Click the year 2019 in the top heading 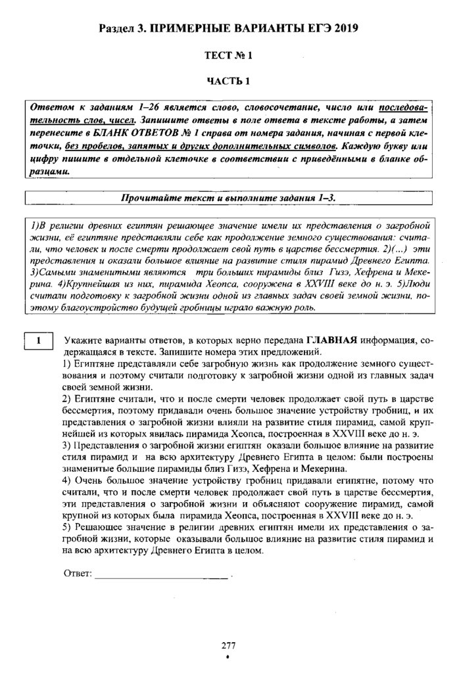[x=346, y=29]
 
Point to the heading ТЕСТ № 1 [x=229, y=56]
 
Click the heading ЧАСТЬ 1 [x=229, y=81]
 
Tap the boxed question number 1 [x=39, y=340]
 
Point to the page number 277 [x=229, y=645]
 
